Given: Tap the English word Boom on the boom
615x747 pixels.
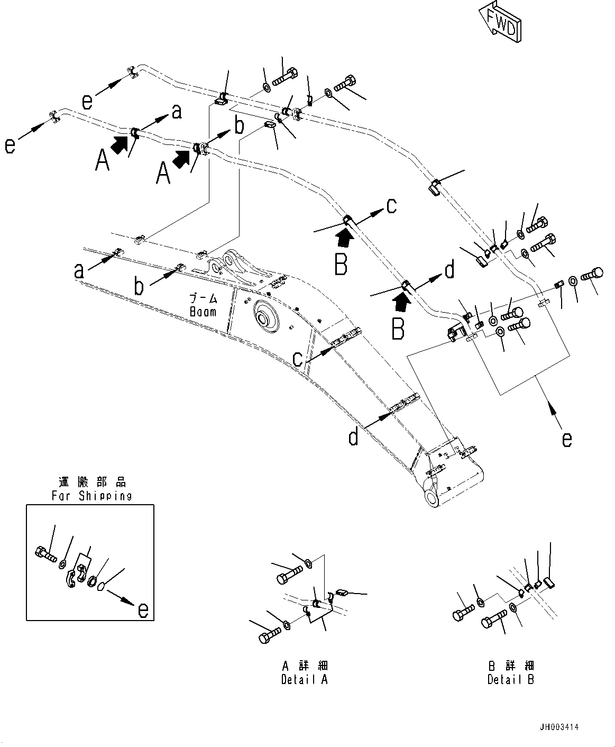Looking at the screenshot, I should [203, 312].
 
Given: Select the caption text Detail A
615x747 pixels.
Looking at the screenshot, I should [304, 679].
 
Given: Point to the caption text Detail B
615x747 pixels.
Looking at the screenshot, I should [510, 679].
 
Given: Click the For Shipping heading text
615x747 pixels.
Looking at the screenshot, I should [91, 496].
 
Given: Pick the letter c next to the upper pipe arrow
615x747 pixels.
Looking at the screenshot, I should [391, 205].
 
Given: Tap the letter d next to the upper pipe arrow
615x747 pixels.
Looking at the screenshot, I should [449, 270].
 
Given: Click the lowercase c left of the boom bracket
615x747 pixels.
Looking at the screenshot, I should [298, 359].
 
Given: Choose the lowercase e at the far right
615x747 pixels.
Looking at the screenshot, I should [567, 439].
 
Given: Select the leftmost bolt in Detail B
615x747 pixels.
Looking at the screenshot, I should [460, 615].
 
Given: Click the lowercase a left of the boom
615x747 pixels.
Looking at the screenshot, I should [79, 271].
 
